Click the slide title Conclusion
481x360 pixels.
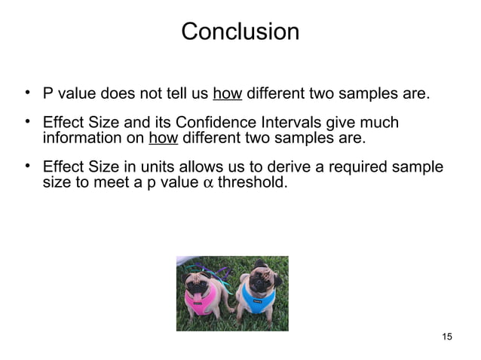[240, 32]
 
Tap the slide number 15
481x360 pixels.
[447, 336]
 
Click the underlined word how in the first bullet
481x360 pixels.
[227, 95]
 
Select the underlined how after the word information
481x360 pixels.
[163, 139]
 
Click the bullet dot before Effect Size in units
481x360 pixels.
[26, 166]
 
